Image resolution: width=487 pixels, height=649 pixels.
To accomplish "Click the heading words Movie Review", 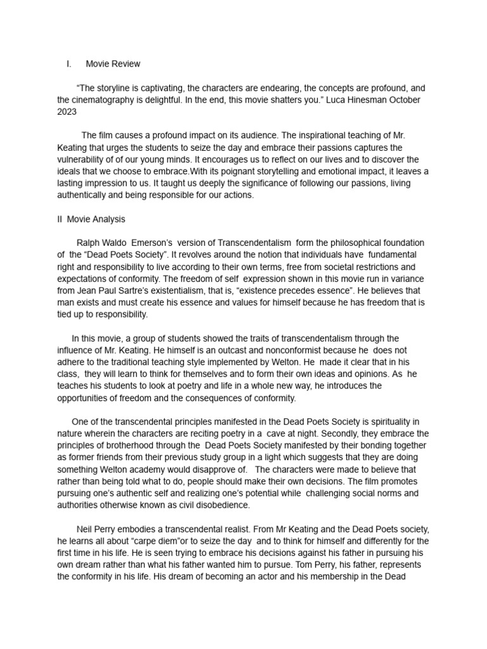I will point(113,64).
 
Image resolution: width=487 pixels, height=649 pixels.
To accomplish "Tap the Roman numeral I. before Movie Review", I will point(68,64).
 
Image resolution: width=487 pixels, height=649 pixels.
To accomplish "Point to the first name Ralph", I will point(88,243).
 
